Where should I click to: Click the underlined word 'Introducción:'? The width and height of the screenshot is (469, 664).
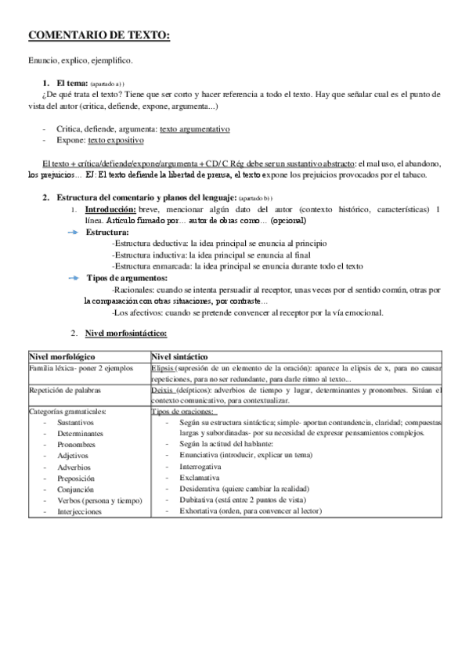(110, 210)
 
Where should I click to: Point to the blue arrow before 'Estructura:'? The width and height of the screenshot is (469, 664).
(73, 233)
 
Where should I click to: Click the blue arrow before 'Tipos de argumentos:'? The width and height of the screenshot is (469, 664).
(73, 278)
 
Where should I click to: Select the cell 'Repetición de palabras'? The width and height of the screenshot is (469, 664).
(64, 389)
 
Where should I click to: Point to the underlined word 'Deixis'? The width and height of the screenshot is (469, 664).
(162, 389)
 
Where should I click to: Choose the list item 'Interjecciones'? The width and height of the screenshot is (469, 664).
(79, 511)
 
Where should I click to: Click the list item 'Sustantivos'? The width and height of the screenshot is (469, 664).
(75, 422)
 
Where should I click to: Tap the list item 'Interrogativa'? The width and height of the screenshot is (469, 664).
(202, 466)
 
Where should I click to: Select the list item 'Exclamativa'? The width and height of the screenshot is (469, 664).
(200, 478)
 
